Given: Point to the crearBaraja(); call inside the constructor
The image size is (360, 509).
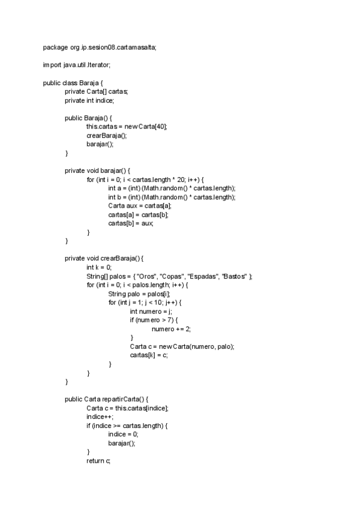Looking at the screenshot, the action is click(107, 136).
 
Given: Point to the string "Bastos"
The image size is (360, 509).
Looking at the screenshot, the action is click(235, 276).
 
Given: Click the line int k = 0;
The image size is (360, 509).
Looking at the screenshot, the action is click(99, 267).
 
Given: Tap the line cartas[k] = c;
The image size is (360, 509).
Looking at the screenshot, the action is click(149, 355).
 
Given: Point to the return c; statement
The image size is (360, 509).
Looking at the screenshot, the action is click(98, 460).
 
